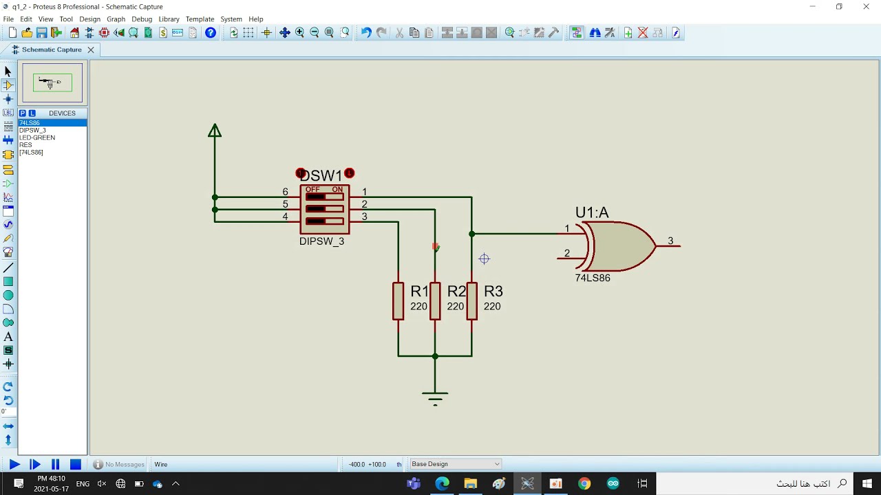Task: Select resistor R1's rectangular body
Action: pos(398,301)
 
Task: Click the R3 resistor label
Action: pos(493,291)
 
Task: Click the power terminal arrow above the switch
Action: pos(215,131)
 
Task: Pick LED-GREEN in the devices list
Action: pos(37,137)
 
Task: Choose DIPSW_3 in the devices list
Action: pos(32,130)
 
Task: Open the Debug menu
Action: pos(142,19)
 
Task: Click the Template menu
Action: pos(200,19)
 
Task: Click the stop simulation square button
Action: pos(76,464)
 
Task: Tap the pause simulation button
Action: pos(56,464)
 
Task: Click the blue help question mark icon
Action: pos(211,32)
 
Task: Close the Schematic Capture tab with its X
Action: pos(91,50)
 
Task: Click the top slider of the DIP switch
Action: pos(324,197)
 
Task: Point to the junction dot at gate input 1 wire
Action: pos(472,234)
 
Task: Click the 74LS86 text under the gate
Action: pos(593,278)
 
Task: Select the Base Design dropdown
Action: pos(456,464)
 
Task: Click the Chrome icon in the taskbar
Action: pos(584,483)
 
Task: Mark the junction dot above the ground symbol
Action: pos(435,356)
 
